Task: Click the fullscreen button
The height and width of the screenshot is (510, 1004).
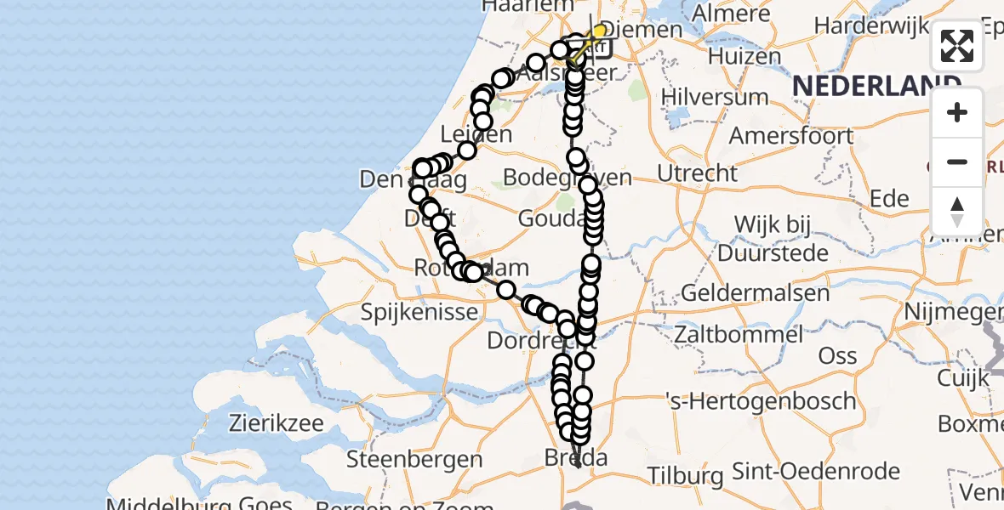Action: pyautogui.click(x=957, y=46)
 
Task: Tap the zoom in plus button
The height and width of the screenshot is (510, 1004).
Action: pyautogui.click(x=957, y=112)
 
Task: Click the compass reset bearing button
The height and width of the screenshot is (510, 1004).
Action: pyautogui.click(x=957, y=212)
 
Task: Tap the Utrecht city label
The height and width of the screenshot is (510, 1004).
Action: pyautogui.click(x=698, y=173)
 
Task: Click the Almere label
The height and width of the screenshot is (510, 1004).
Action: pyautogui.click(x=732, y=14)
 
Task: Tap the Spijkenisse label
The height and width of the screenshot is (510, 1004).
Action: pyautogui.click(x=419, y=312)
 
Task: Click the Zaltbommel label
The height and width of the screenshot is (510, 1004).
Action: pyautogui.click(x=738, y=333)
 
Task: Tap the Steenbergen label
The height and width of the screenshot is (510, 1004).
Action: pyautogui.click(x=414, y=460)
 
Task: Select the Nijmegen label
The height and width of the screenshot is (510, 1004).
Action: pyautogui.click(x=953, y=312)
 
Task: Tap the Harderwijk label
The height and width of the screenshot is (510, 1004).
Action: pyautogui.click(x=868, y=25)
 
